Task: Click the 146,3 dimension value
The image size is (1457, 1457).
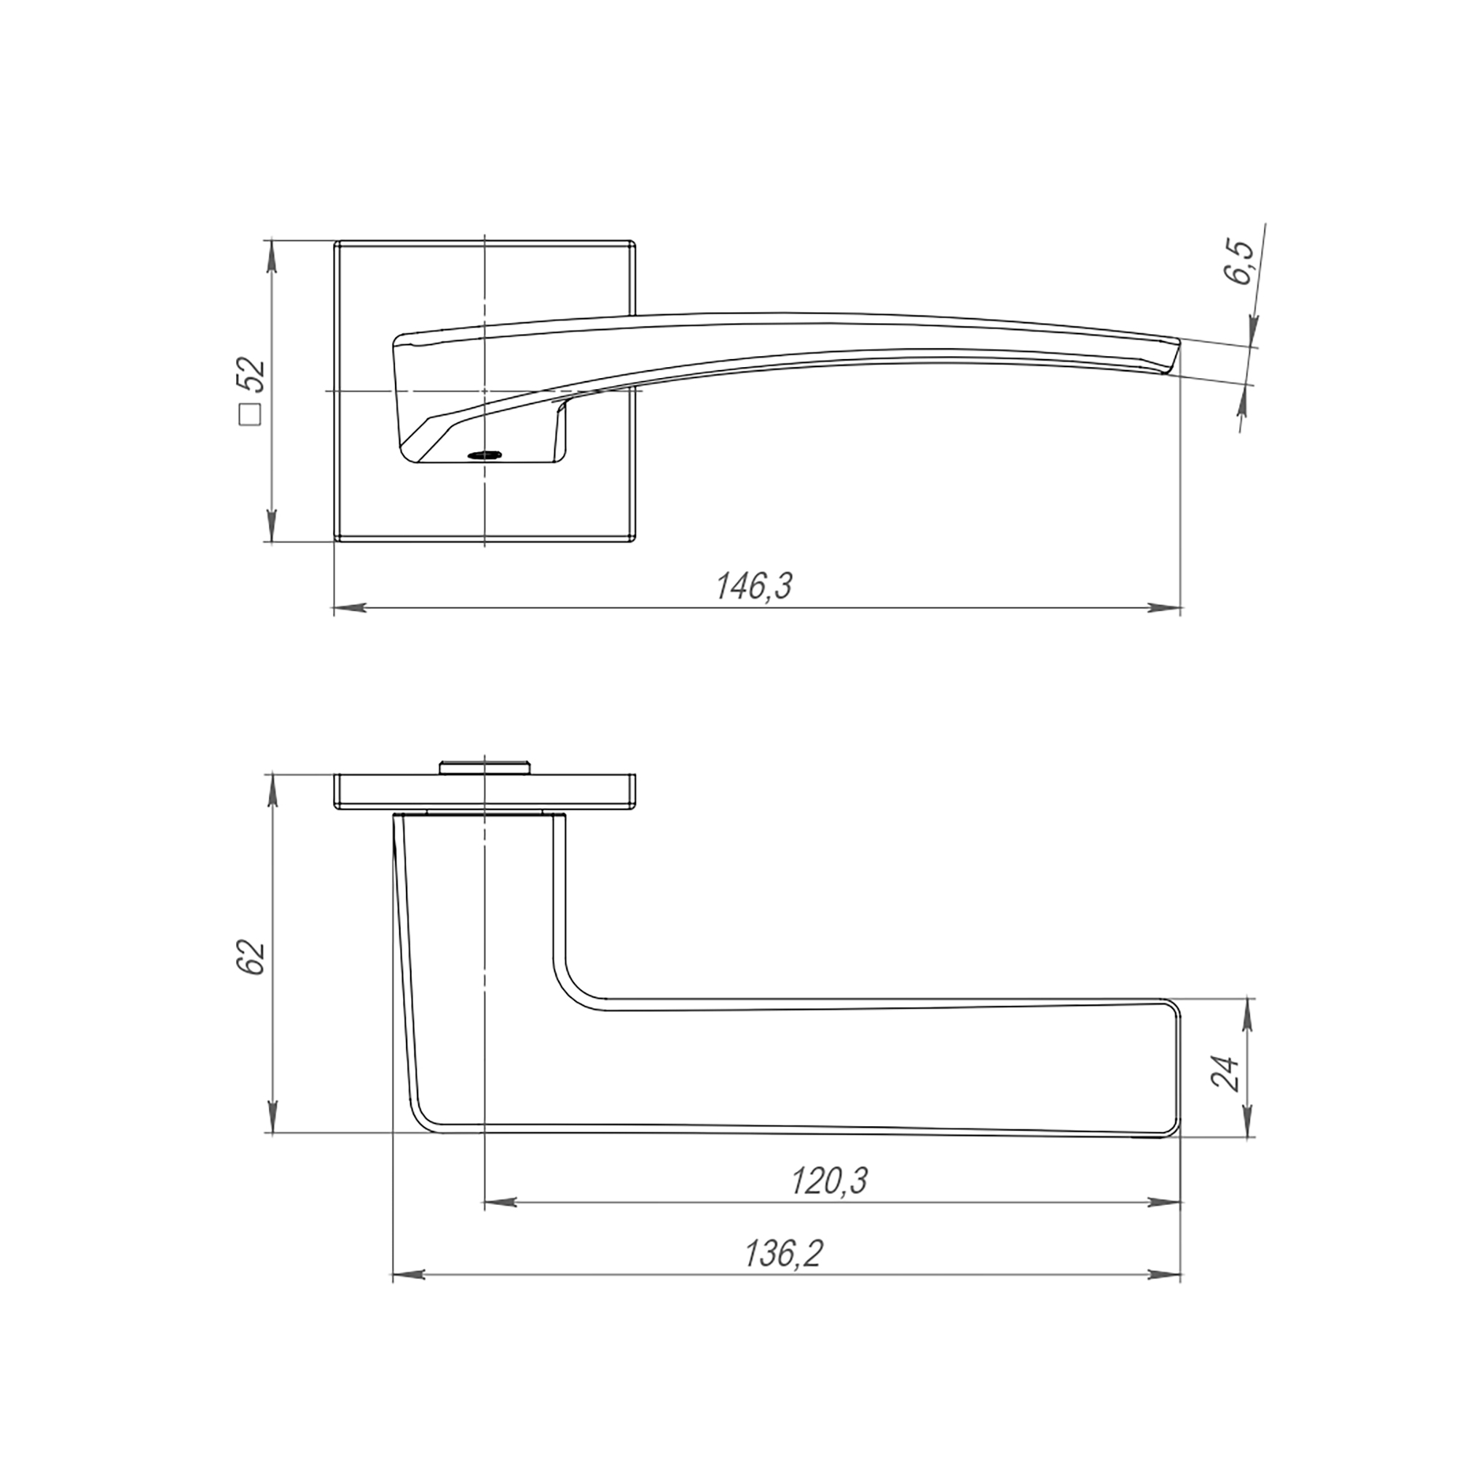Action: click(x=754, y=585)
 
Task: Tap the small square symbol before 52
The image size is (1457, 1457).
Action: click(x=250, y=415)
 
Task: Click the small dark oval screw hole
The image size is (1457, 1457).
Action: click(x=484, y=455)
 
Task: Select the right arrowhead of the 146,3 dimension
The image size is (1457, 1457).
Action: click(x=1164, y=607)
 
